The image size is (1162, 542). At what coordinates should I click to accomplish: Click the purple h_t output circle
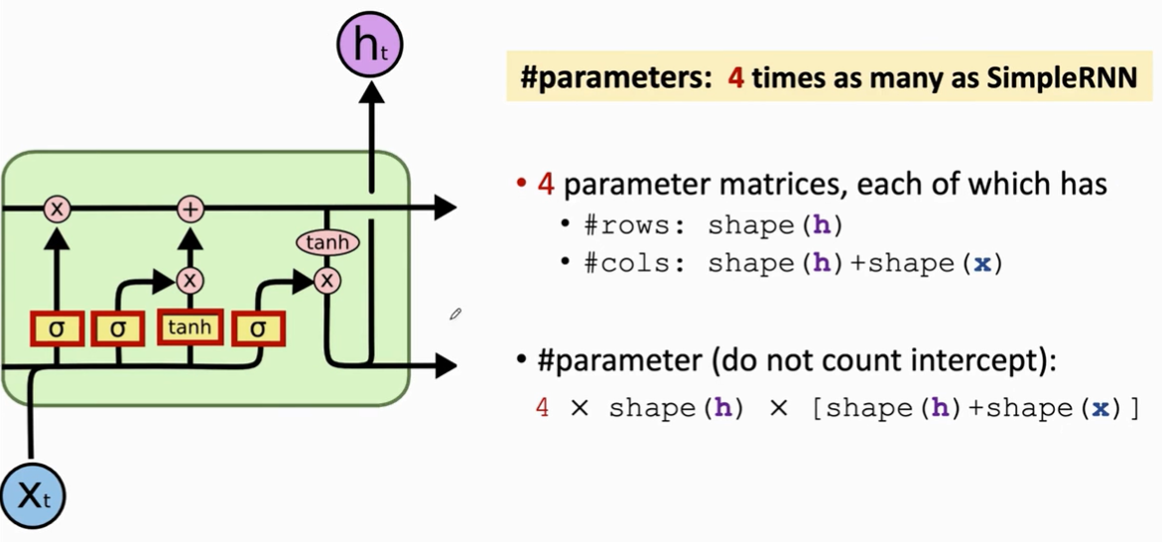pyautogui.click(x=370, y=46)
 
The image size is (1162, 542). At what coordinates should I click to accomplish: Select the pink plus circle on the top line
pyautogui.click(x=190, y=208)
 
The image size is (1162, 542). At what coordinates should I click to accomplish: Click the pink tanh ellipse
pyautogui.click(x=327, y=242)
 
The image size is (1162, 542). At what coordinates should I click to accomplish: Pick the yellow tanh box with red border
pyautogui.click(x=190, y=327)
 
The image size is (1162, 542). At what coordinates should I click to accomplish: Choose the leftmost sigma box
pyautogui.click(x=57, y=329)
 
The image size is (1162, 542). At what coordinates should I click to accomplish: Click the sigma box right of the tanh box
pyautogui.click(x=259, y=329)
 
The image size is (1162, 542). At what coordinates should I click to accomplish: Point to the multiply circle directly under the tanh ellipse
pyautogui.click(x=327, y=281)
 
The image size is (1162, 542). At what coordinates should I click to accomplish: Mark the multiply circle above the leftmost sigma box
pyautogui.click(x=57, y=208)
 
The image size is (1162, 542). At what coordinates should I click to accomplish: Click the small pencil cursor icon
pyautogui.click(x=455, y=315)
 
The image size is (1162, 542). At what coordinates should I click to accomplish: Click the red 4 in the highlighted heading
pyautogui.click(x=736, y=78)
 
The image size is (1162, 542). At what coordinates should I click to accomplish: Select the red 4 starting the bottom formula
pyautogui.click(x=542, y=408)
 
